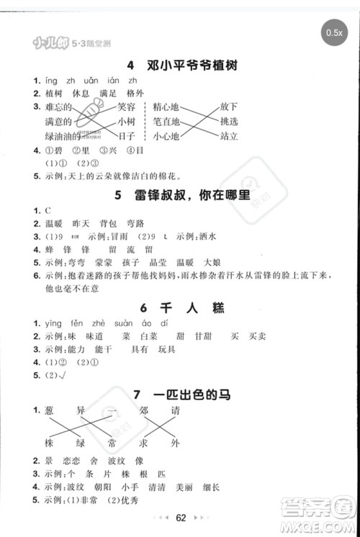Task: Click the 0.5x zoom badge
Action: [x=333, y=33]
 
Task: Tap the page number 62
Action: [x=181, y=517]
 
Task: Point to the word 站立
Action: [x=229, y=135]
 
